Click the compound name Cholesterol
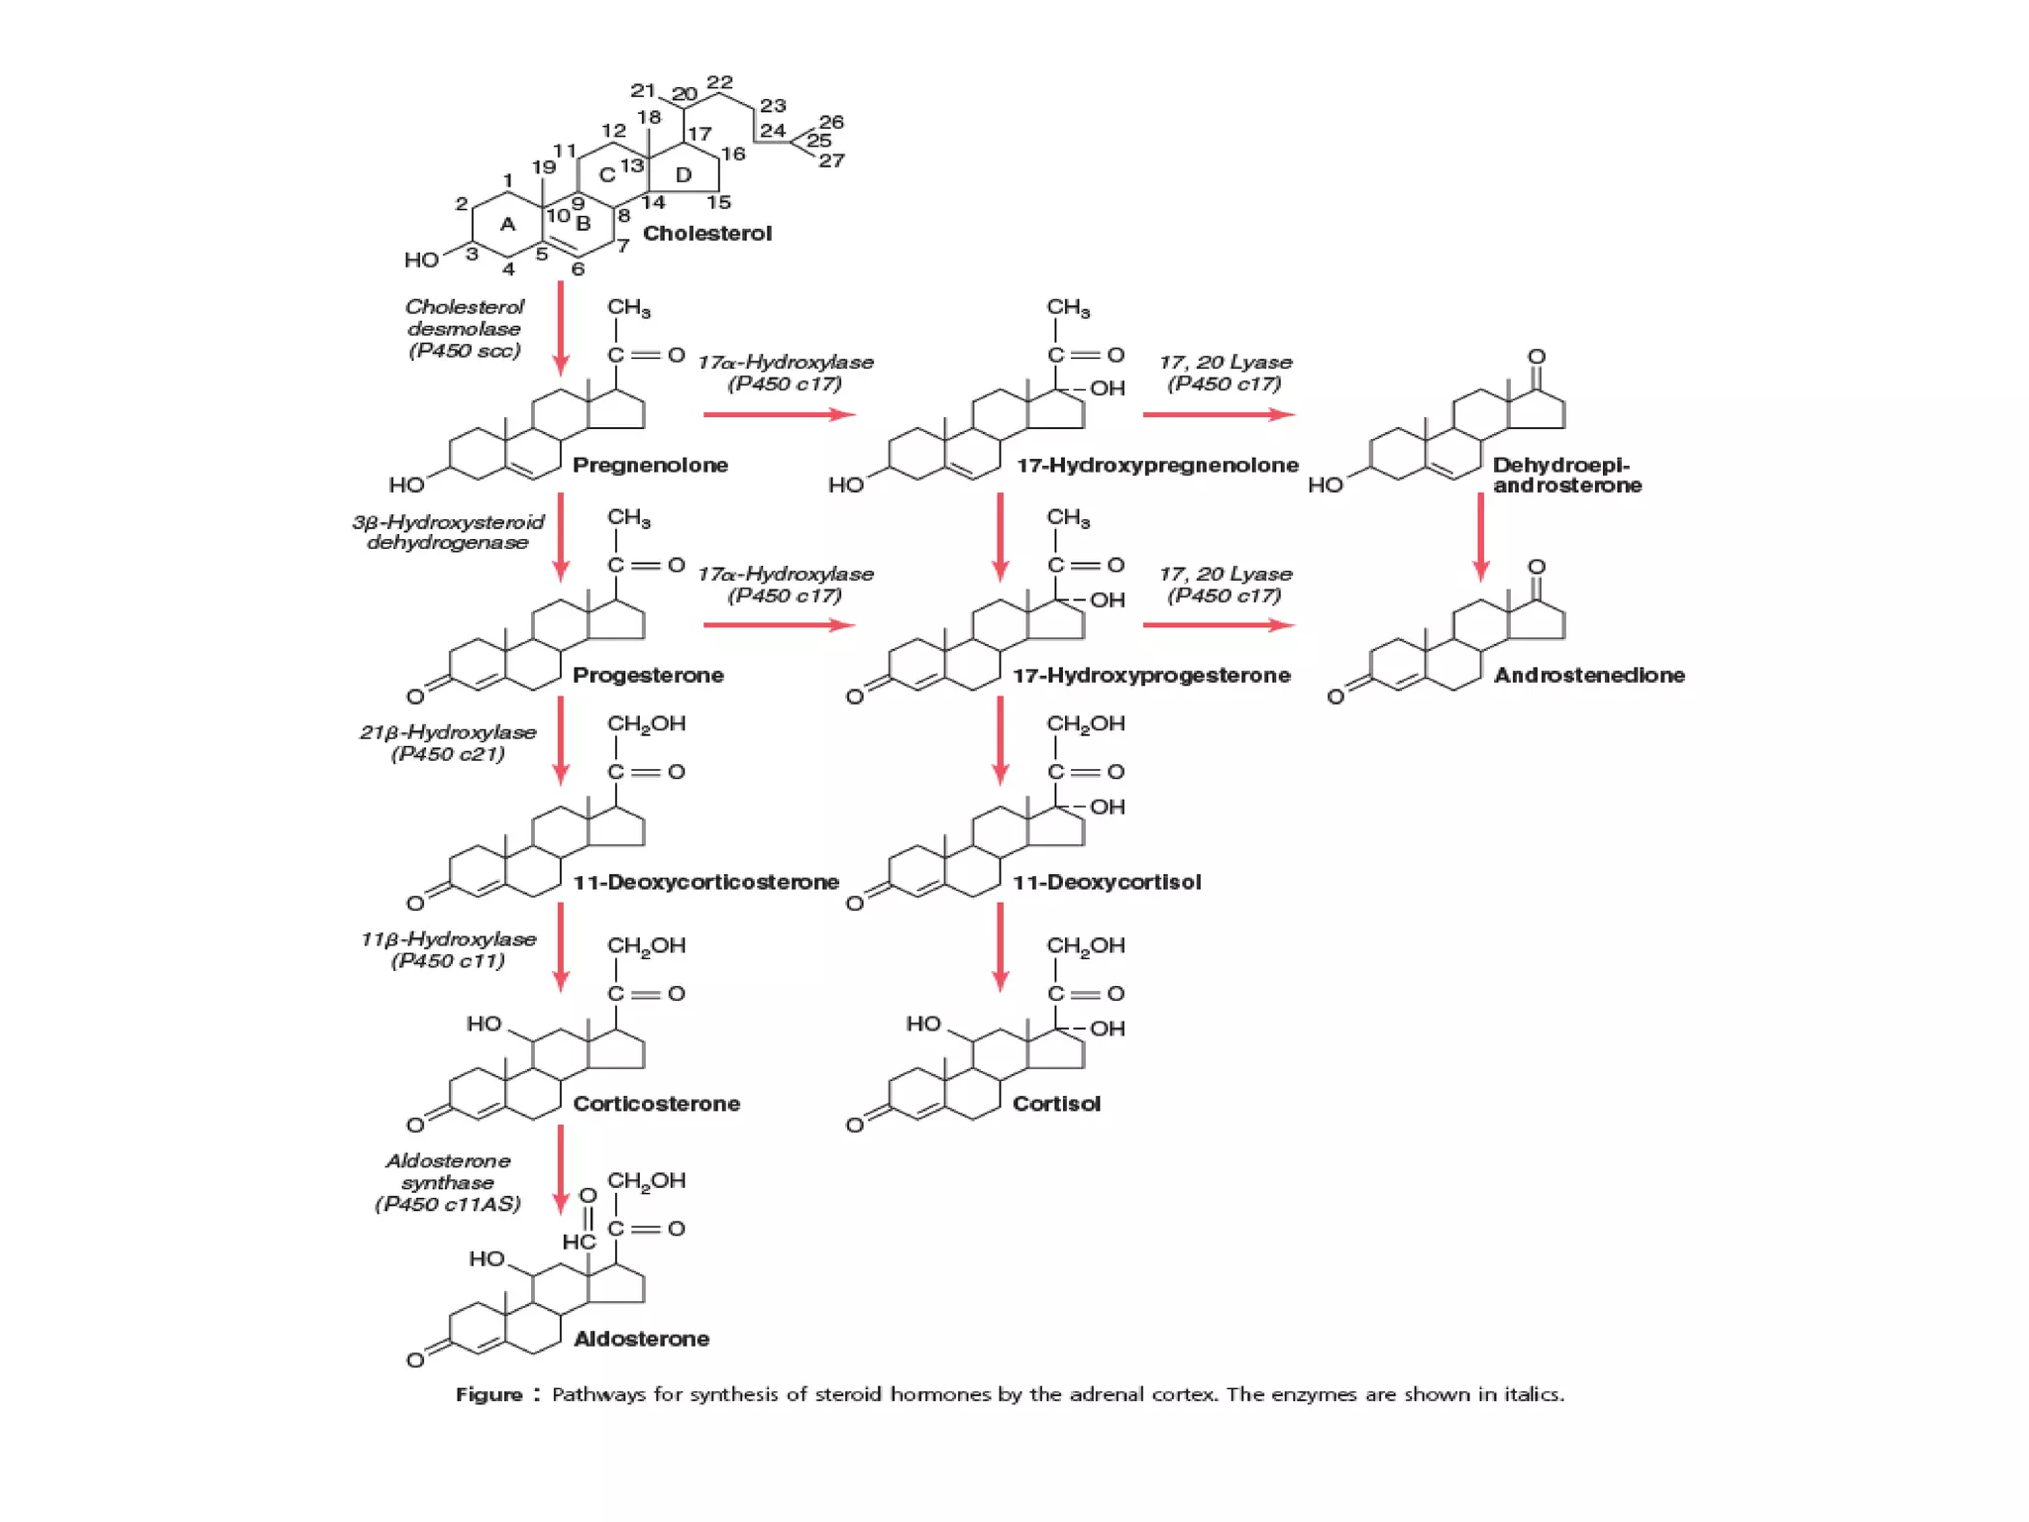pyautogui.click(x=706, y=234)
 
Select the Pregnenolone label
pyautogui.click(x=650, y=465)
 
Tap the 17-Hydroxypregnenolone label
pyautogui.click(x=1157, y=465)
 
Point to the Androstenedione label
pyautogui.click(x=1589, y=675)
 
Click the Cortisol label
pyautogui.click(x=1056, y=1104)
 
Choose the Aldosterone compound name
pyautogui.click(x=641, y=1339)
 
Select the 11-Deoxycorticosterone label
pyautogui.click(x=705, y=882)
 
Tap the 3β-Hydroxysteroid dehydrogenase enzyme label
pyautogui.click(x=448, y=532)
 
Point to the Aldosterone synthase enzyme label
pyautogui.click(x=448, y=1182)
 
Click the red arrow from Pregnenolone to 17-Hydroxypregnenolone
pyautogui.click(x=779, y=414)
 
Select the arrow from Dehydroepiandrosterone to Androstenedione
pyautogui.click(x=1480, y=536)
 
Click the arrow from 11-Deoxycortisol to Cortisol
pyautogui.click(x=1000, y=946)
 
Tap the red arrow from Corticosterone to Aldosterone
pyautogui.click(x=561, y=1169)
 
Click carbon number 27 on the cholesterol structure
pyautogui.click(x=831, y=161)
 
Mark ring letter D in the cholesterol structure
pyautogui.click(x=683, y=175)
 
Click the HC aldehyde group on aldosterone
pyautogui.click(x=579, y=1242)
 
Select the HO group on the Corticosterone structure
pyautogui.click(x=484, y=1024)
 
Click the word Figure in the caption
pyautogui.click(x=489, y=1394)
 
